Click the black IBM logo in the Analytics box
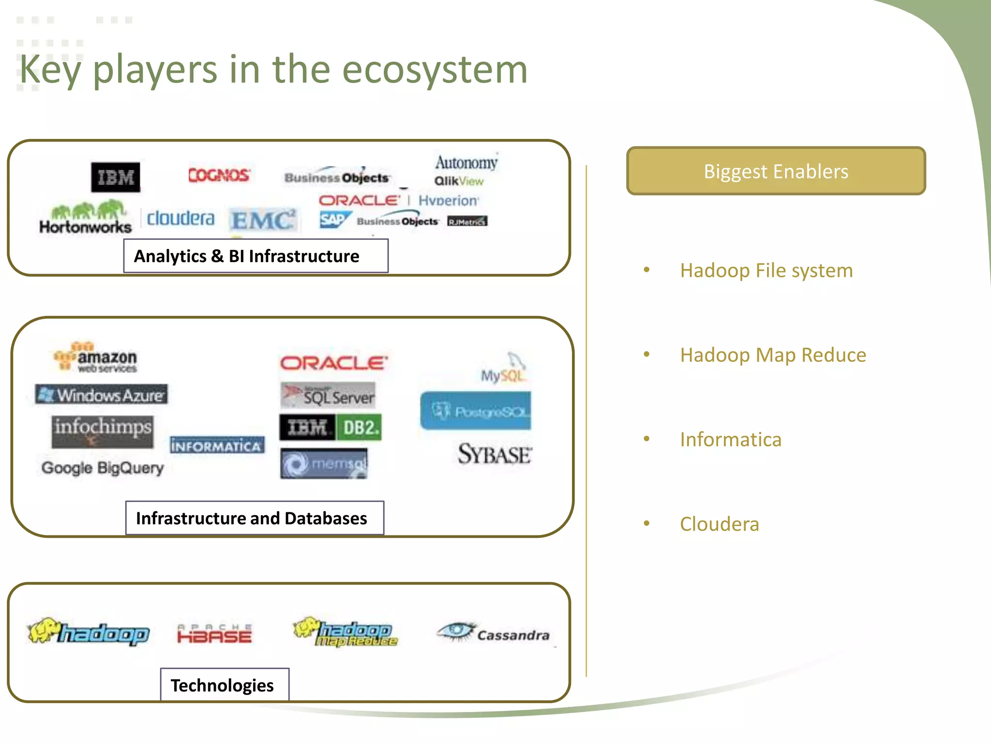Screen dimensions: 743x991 pos(116,177)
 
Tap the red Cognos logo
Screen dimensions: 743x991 pos(219,175)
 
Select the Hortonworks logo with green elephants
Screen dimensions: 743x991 pos(86,217)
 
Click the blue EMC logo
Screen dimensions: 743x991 pos(263,220)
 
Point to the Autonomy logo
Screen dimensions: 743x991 pos(466,163)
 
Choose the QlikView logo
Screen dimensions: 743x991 pos(459,181)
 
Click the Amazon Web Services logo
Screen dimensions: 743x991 pos(96,357)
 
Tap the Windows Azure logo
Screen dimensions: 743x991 pos(102,395)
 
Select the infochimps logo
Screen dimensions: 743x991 pos(103,431)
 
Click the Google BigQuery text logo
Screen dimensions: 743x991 pos(103,468)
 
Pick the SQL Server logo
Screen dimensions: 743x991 pos(328,395)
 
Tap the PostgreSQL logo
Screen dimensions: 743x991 pos(476,411)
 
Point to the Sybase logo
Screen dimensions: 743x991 pos(495,454)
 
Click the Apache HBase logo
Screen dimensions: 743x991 pos(214,634)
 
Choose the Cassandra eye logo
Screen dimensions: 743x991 pos(493,633)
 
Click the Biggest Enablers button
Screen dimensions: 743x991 pos(776,171)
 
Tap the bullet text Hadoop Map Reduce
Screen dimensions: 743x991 pos(773,355)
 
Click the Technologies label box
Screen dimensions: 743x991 pos(225,685)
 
